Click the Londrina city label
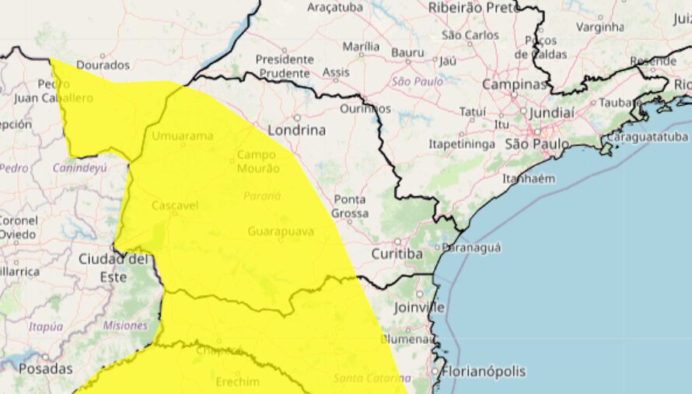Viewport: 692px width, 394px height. [x=296, y=130]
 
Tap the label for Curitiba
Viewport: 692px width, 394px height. [x=397, y=254]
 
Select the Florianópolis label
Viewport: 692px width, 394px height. [x=483, y=371]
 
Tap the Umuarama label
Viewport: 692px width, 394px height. [x=183, y=136]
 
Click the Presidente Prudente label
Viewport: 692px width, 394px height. [x=285, y=66]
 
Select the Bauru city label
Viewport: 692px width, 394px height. [x=407, y=52]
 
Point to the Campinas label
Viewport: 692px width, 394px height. [x=515, y=83]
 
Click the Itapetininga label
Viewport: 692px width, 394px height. [x=462, y=144]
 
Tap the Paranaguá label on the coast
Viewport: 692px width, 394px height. [x=471, y=247]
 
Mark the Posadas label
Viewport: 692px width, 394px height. [x=46, y=368]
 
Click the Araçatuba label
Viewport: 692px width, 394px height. [x=336, y=7]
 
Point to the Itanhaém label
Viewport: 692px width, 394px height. [x=529, y=178]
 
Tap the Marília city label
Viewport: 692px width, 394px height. [x=361, y=47]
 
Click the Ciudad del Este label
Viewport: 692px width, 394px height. [x=114, y=267]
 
